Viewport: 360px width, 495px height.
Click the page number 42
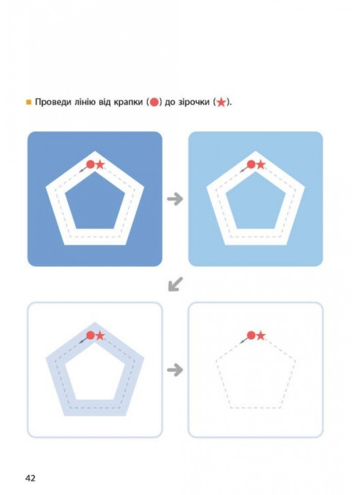30,478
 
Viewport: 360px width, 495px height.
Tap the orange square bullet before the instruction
29,102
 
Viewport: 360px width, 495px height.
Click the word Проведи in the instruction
53,102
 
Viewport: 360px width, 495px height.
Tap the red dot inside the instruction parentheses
154,102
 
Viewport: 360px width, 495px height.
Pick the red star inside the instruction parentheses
222,102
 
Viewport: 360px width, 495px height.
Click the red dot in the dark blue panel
90,164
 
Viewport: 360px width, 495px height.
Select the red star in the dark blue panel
100,164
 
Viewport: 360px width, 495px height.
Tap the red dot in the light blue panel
251,164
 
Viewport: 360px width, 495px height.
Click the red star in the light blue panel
261,164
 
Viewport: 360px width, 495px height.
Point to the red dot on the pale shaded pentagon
90,335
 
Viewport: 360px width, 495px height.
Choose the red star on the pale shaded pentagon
100,336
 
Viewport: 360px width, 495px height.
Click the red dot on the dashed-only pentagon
251,335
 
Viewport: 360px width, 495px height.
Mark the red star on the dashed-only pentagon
261,336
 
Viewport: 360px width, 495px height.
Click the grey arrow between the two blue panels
175,199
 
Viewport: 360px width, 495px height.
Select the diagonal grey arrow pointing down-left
175,284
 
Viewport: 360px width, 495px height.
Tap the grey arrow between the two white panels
175,370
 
